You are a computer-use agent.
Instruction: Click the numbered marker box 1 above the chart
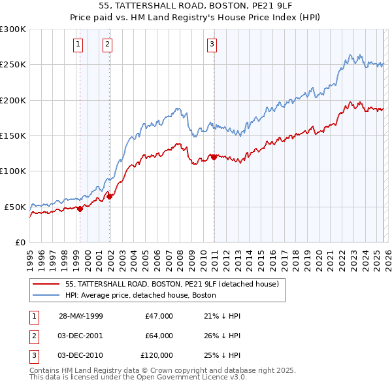pyautogui.click(x=78, y=44)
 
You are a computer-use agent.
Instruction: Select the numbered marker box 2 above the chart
pyautogui.click(x=107, y=44)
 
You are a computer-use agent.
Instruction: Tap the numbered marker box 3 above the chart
pyautogui.click(x=212, y=44)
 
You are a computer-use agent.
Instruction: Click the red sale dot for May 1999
pyautogui.click(x=80, y=209)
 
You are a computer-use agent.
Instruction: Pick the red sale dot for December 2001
pyautogui.click(x=109, y=196)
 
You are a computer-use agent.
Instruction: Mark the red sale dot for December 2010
pyautogui.click(x=214, y=157)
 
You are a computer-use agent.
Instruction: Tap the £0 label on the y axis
pyautogui.click(x=18, y=242)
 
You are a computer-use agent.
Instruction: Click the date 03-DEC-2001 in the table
pyautogui.click(x=80, y=336)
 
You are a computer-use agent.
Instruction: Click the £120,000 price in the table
pyautogui.click(x=156, y=355)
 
